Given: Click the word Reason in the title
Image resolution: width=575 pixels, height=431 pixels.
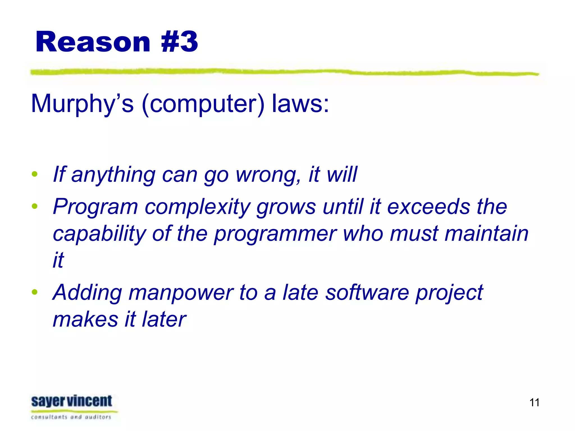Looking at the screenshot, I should click(93, 42).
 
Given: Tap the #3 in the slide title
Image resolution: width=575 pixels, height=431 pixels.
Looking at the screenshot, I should click(180, 42).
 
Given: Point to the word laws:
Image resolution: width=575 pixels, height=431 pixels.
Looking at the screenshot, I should click(300, 104).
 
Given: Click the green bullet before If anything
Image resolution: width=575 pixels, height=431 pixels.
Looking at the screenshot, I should click(35, 174).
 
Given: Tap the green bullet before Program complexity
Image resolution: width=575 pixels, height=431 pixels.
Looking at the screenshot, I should click(35, 207).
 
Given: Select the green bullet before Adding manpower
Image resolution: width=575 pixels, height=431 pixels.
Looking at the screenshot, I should click(35, 292).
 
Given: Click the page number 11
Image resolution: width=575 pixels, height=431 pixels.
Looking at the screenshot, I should click(534, 403).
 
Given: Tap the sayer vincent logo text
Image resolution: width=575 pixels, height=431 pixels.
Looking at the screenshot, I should click(72, 401).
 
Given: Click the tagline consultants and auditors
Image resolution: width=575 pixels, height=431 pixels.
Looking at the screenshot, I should click(71, 417).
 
